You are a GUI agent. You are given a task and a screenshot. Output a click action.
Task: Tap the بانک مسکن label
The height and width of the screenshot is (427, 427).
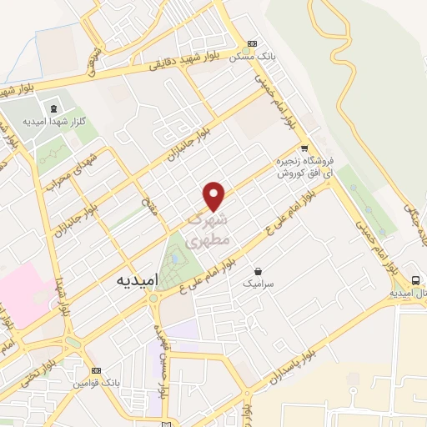(275, 55)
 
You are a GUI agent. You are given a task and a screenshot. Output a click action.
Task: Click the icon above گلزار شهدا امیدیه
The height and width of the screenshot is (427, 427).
(54, 108)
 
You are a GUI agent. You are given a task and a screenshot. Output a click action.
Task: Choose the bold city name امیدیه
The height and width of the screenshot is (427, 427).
(133, 282)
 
